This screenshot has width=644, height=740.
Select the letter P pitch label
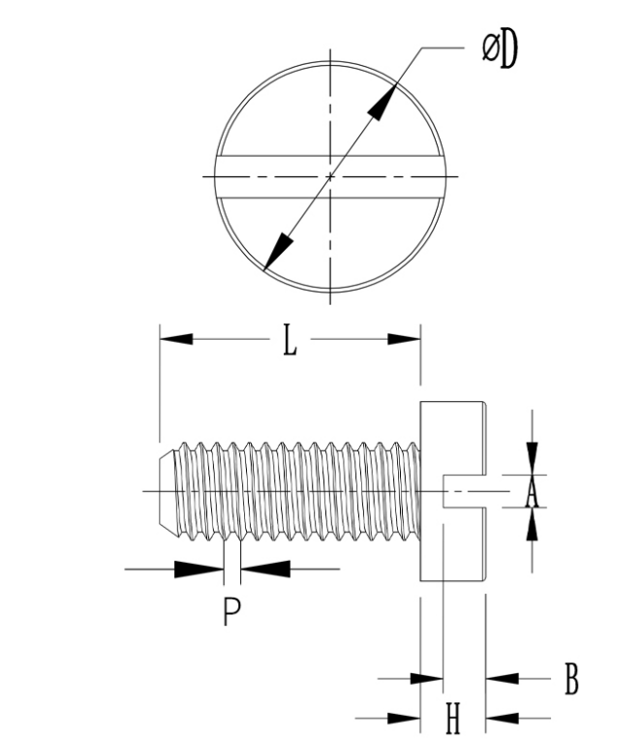click(x=230, y=612)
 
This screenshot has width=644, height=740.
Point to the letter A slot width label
click(x=531, y=494)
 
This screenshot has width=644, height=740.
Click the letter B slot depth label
click(x=571, y=680)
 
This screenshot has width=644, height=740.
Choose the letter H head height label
click(x=451, y=719)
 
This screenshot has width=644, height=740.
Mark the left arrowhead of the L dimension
click(x=175, y=339)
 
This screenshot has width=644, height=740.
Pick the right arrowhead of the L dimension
click(x=404, y=339)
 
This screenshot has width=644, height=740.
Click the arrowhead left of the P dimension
click(x=199, y=570)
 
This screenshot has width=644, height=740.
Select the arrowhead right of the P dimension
click(x=264, y=570)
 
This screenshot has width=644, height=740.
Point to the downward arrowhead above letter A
click(x=531, y=458)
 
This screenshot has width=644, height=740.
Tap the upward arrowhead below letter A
click(x=531, y=527)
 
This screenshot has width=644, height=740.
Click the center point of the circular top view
click(x=330, y=176)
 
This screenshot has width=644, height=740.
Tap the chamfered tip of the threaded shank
click(x=165, y=492)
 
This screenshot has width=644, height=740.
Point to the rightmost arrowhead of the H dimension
click(x=500, y=718)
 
